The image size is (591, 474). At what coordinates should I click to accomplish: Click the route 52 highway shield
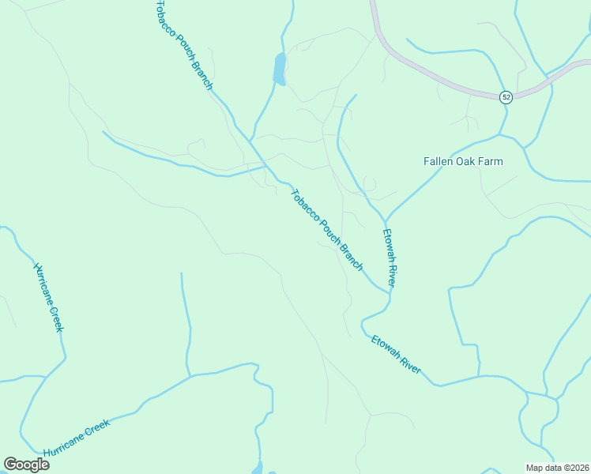[506, 96]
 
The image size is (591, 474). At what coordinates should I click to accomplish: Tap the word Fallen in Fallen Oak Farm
[439, 161]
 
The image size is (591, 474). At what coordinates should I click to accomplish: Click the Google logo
[26, 464]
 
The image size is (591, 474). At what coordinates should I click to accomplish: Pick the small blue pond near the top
[279, 69]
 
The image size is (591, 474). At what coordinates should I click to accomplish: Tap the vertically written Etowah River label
[389, 258]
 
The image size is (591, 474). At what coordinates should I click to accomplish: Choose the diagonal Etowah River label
[397, 355]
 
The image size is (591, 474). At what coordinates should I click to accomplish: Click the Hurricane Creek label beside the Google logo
[77, 438]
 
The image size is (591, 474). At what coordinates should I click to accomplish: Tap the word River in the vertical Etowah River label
[390, 273]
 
